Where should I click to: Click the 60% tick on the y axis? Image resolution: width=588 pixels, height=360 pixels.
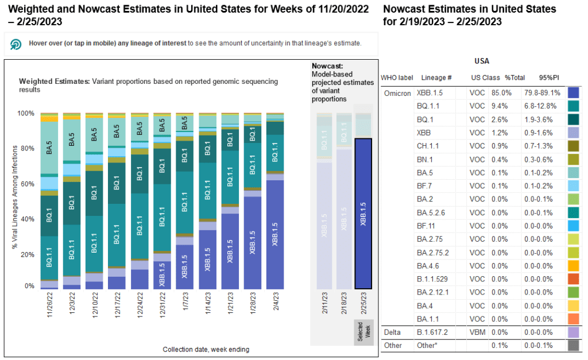click(x=26, y=184)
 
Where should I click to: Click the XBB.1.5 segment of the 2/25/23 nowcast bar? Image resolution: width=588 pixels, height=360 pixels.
click(x=363, y=213)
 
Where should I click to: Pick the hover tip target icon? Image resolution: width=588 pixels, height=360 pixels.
click(x=16, y=44)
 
